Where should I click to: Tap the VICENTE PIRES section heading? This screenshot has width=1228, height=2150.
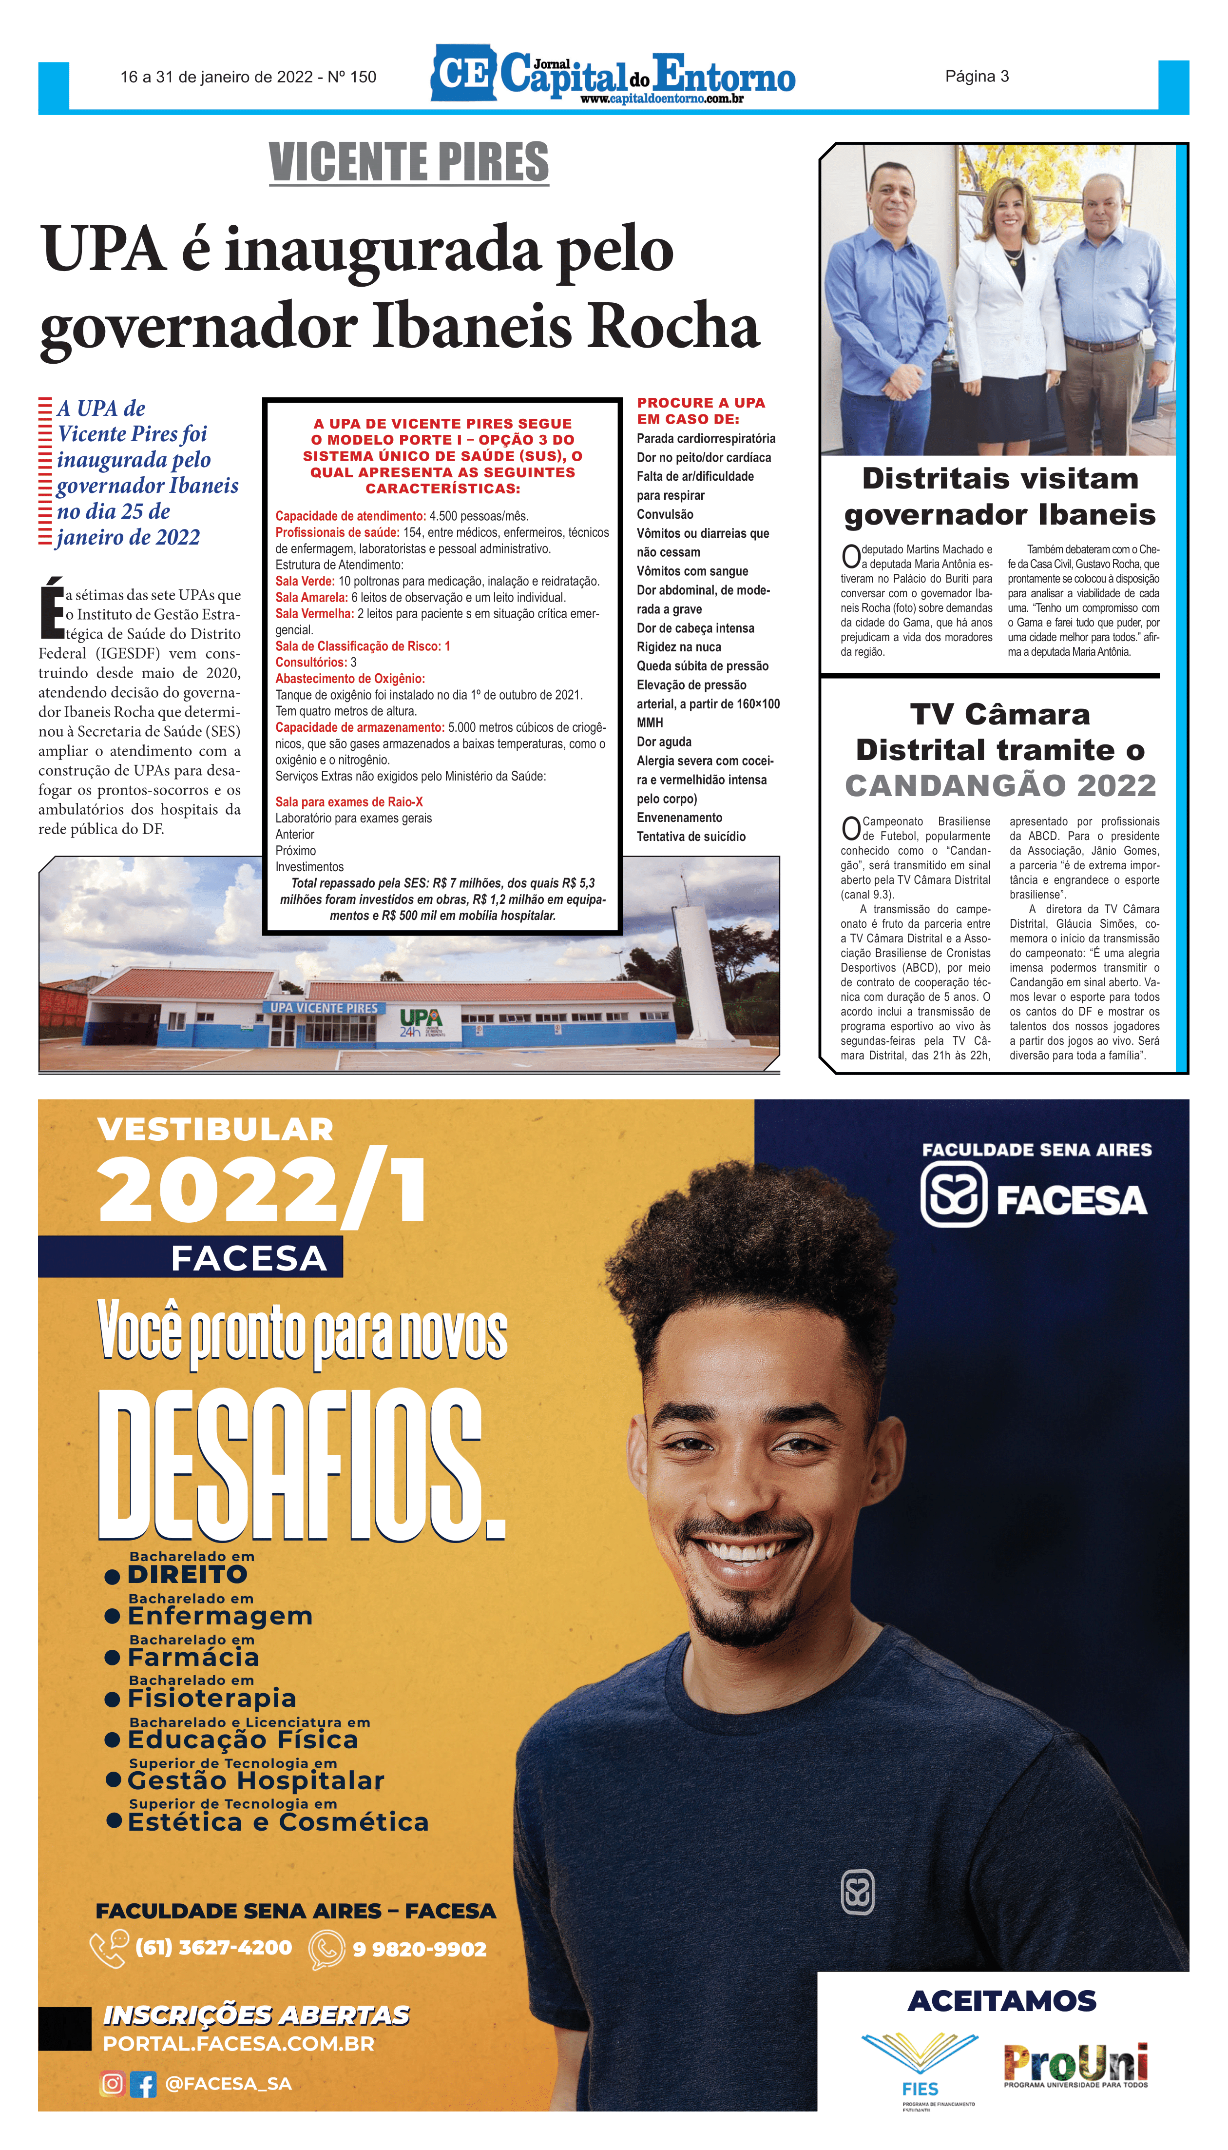pos(409,162)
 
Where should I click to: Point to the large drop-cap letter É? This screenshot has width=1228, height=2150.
pos(52,607)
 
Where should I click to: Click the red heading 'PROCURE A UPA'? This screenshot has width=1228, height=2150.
pos(701,403)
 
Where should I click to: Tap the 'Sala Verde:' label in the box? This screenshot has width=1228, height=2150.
pos(305,581)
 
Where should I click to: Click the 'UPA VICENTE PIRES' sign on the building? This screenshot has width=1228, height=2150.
pos(324,1008)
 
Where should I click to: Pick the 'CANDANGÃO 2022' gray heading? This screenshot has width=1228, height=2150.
pos(1000,785)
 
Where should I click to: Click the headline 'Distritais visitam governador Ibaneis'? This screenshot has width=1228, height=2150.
pos(1000,496)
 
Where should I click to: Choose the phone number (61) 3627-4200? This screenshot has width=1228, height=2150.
pos(213,1948)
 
